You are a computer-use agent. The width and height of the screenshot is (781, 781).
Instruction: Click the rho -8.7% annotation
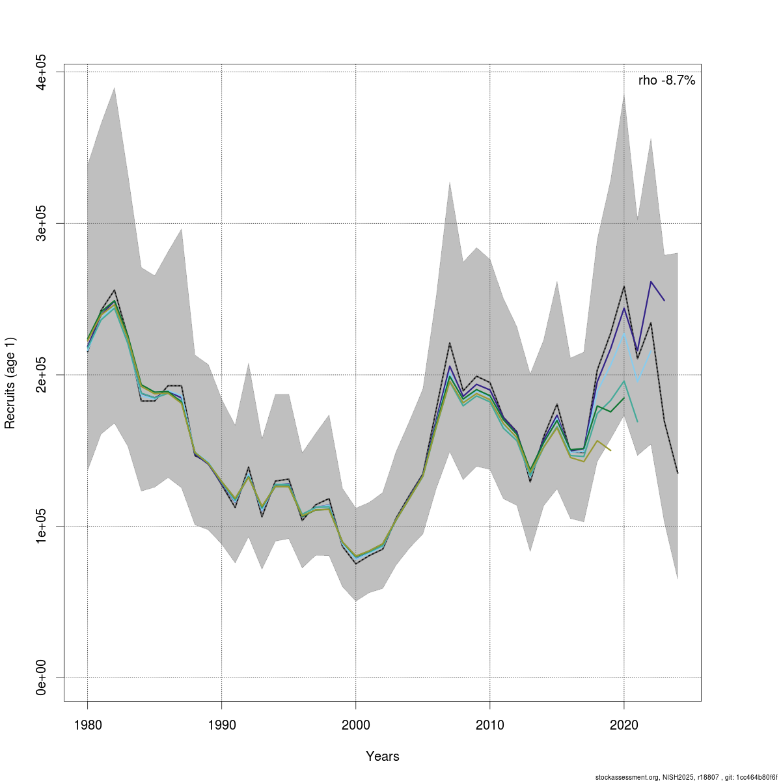coord(666,81)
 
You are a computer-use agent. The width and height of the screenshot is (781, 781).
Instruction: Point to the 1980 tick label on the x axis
coord(87,724)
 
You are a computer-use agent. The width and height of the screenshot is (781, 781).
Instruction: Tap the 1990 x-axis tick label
coord(221,724)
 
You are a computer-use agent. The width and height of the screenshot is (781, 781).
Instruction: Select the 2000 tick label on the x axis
coord(355,724)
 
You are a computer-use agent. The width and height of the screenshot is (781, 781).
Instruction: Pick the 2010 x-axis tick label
coord(489,724)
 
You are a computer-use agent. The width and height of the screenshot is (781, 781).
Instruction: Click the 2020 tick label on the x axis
coord(623,724)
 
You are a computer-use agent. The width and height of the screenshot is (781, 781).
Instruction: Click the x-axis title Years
coord(383,756)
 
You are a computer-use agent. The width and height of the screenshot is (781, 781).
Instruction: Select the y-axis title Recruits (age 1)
coord(10,383)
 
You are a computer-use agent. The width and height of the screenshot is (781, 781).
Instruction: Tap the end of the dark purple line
coord(664,301)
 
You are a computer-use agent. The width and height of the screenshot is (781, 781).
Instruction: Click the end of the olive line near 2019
coord(610,450)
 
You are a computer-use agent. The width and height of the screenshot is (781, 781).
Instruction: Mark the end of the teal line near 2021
coord(637,422)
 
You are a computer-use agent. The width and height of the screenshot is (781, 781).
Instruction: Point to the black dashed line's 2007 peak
coord(449,343)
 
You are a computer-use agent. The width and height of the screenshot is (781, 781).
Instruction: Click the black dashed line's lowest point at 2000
coord(355,564)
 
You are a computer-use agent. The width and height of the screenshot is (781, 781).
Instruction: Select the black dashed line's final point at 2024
coord(678,473)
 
